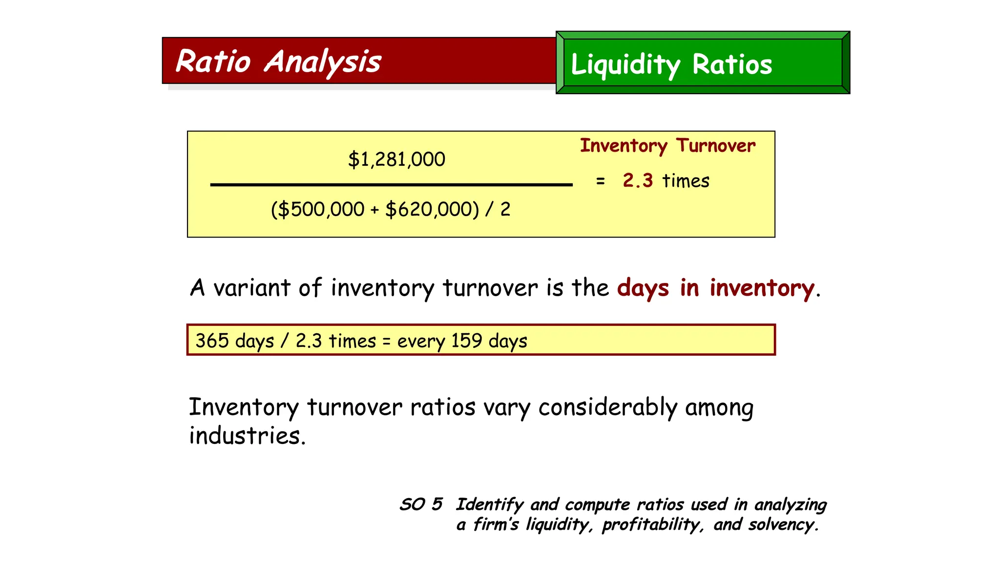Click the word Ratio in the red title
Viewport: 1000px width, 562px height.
(x=213, y=61)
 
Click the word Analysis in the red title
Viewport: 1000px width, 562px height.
(x=322, y=62)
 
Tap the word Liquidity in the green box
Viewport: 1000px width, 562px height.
(x=625, y=65)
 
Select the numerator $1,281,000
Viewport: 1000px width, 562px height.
(x=396, y=160)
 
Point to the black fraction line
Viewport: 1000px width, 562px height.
(x=391, y=185)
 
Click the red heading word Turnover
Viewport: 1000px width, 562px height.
(x=716, y=145)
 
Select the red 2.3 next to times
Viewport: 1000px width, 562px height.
(x=638, y=181)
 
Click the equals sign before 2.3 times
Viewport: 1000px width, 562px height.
(x=601, y=181)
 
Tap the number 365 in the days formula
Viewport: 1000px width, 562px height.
(x=212, y=340)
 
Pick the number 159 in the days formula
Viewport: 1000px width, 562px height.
(x=466, y=340)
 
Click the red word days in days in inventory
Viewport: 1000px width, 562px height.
(x=643, y=288)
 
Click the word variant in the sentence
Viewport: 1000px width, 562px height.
(x=252, y=288)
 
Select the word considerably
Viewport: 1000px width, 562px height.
(x=608, y=407)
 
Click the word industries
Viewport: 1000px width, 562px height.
(x=247, y=436)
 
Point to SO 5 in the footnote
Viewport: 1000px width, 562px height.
(x=421, y=504)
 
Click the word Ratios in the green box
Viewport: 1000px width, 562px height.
(x=732, y=64)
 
